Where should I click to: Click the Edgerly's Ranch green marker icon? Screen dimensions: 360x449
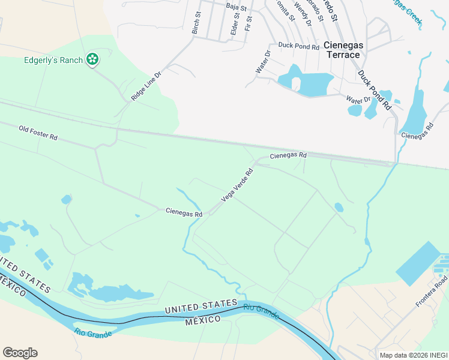pos(92,59)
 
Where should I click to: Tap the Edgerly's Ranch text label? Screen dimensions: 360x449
pos(52,59)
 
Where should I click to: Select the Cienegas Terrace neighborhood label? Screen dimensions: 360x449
pos(342,50)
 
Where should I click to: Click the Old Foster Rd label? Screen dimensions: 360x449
pos(38,133)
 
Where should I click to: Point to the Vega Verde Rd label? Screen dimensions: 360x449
pos(237,185)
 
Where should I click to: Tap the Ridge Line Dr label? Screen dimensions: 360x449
pos(146,86)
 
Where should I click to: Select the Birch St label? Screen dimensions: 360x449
pos(196,22)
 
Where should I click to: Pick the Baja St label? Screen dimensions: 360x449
pos(237,7)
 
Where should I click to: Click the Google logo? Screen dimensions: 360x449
pos(20,353)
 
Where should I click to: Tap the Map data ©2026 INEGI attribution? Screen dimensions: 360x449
pos(413,355)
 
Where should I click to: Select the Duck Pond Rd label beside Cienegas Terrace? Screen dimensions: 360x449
pos(298,45)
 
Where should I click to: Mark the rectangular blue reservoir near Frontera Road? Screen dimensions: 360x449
pos(418,263)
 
